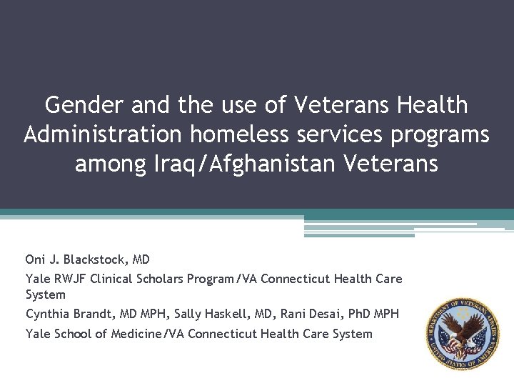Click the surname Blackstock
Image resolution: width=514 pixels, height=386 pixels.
coord(92,259)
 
